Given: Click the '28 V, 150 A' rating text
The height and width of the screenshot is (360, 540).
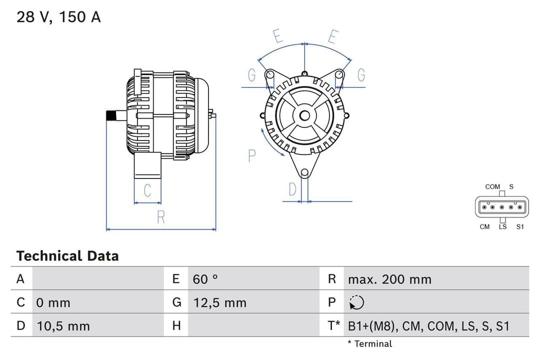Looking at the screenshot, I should click(58, 17).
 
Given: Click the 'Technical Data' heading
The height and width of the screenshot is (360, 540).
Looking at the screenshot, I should click(67, 256).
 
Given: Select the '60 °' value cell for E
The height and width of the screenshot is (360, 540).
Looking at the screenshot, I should click(205, 279).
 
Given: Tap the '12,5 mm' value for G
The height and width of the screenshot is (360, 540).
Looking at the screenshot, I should click(219, 302).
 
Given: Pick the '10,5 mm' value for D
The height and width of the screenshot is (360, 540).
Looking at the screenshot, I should click(63, 326).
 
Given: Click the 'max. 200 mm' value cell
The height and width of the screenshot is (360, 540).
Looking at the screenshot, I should click(389, 279).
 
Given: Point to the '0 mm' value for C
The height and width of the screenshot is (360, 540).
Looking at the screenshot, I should click(53, 302).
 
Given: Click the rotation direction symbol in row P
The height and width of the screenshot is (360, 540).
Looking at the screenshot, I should click(357, 302).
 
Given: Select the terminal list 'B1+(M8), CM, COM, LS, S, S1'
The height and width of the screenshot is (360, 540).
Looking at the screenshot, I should click(428, 326).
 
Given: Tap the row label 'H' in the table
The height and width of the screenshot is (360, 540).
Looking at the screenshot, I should click(176, 326).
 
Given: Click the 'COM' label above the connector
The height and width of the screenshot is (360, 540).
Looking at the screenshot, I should click(492, 186).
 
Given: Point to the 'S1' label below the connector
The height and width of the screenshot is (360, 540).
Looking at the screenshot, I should click(520, 227).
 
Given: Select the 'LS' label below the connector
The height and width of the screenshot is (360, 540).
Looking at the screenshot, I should click(502, 227).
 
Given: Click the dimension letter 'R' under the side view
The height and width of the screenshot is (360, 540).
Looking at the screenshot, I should click(160, 217).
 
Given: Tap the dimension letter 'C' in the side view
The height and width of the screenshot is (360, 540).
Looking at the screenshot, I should click(147, 190).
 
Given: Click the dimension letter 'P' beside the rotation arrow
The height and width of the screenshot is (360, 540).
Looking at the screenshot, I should click(252, 155).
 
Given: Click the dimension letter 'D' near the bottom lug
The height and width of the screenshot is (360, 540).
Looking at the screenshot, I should click(292, 189).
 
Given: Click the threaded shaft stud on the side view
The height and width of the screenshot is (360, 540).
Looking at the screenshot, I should click(115, 116).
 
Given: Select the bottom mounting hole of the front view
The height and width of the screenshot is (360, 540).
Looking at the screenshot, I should click(304, 172).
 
